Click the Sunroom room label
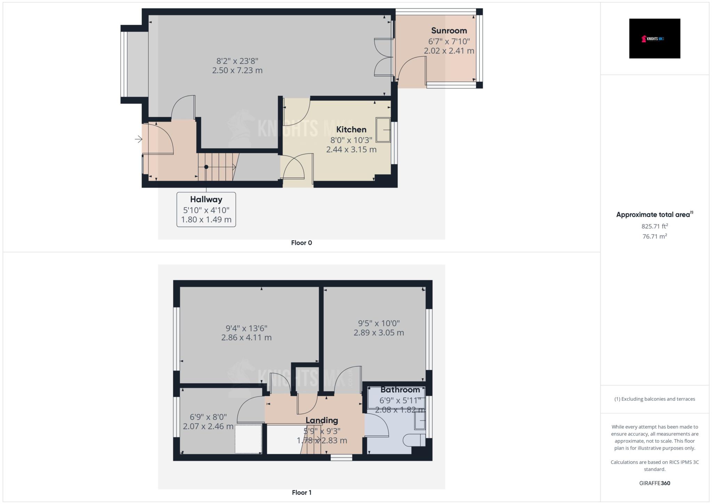tap(449, 31)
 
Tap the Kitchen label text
tap(351, 129)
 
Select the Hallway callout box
tap(206, 209)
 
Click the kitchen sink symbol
tap(383, 130)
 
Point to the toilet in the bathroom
tap(414, 440)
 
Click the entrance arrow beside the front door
tap(138, 139)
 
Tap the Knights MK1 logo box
tap(654, 39)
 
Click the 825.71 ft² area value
tap(654, 226)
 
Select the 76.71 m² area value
tap(654, 237)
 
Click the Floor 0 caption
tap(301, 243)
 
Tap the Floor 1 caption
tap(301, 493)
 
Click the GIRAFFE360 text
tap(654, 483)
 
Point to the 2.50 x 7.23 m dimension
tap(237, 71)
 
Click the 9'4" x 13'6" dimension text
tap(246, 328)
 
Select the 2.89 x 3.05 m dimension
tap(379, 333)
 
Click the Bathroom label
tap(400, 390)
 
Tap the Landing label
tap(322, 420)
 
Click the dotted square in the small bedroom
tap(248, 439)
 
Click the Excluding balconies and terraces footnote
tap(654, 399)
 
